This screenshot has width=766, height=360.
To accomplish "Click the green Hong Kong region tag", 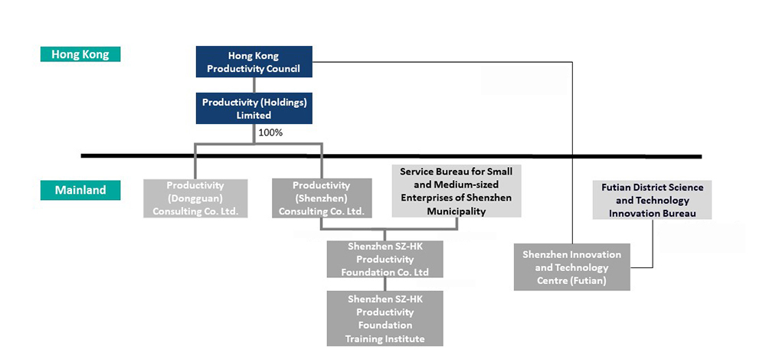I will [x=80, y=54].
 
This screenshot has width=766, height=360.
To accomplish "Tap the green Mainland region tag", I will [x=80, y=190].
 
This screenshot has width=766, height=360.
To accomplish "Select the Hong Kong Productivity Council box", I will [x=254, y=62].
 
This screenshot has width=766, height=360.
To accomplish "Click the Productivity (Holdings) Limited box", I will [x=254, y=109].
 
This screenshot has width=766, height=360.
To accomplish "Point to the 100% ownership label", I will [x=270, y=133].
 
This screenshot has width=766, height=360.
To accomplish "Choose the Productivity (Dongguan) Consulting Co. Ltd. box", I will [x=195, y=198].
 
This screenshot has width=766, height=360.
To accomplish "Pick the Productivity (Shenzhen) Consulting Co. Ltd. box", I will [x=322, y=198].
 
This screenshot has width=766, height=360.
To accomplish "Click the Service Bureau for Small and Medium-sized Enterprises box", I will [x=457, y=191].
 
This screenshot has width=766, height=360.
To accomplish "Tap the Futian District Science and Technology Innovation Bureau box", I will [x=653, y=200].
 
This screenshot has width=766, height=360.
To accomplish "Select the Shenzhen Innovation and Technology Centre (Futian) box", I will [x=571, y=268].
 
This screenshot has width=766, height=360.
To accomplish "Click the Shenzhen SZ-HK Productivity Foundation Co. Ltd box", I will [x=385, y=260].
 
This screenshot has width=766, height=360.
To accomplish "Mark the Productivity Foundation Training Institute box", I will [x=385, y=318].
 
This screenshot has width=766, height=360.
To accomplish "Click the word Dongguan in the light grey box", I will [x=195, y=198].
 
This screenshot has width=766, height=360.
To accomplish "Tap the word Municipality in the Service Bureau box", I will [x=457, y=211].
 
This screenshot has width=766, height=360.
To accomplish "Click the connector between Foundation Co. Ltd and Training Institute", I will [x=385, y=284].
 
